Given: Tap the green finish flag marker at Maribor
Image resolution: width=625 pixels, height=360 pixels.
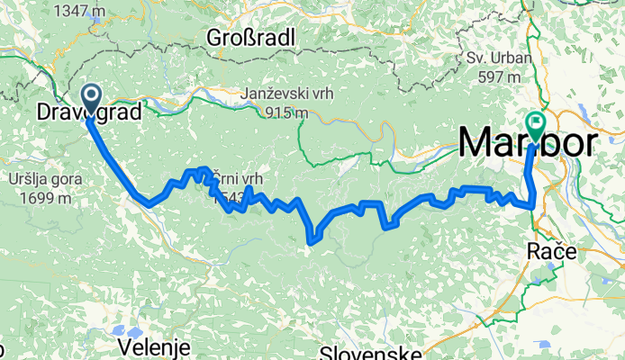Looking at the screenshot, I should point(537,121).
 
